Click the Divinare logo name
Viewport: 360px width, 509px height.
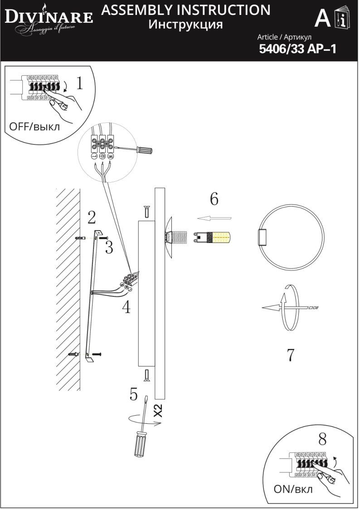pos(49,18)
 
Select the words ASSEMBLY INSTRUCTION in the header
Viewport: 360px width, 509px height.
pos(186,10)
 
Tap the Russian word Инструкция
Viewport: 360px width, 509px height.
pos(186,24)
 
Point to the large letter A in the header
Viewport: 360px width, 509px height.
pos(322,19)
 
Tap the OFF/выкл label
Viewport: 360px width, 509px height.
pos(34,126)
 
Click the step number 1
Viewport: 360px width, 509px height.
pos(79,84)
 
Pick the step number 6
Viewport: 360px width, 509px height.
pos(214,199)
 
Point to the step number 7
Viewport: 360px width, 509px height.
pos(291,355)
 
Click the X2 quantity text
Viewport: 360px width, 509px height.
pos(158,411)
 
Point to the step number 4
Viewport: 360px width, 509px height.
pos(126,308)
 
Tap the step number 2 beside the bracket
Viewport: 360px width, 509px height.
pos(92,218)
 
